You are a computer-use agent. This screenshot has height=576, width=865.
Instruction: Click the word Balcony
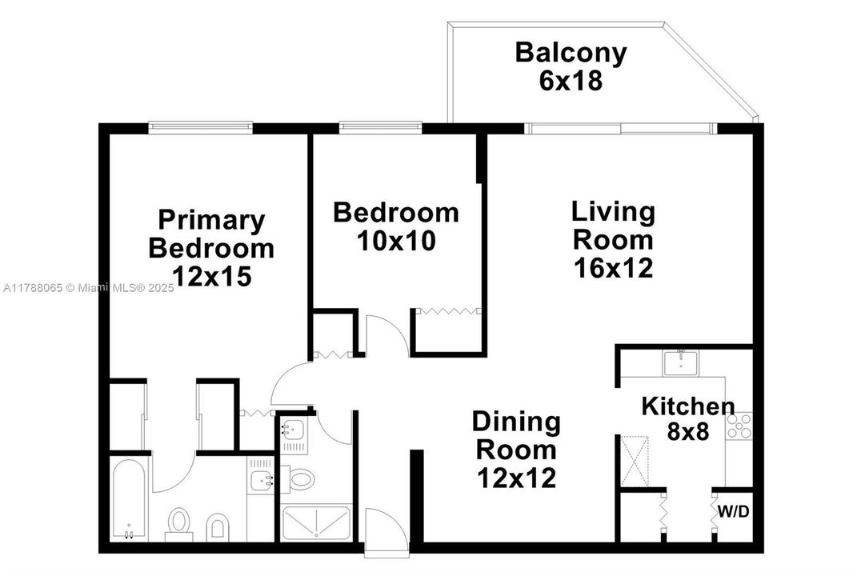click(571, 53)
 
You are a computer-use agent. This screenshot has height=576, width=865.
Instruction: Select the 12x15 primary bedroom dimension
click(212, 276)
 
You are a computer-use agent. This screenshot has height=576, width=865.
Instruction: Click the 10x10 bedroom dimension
click(396, 241)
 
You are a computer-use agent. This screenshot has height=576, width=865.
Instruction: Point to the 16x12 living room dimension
click(613, 267)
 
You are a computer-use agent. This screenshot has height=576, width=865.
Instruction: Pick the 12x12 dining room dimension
click(515, 478)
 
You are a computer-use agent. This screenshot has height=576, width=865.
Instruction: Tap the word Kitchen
click(688, 406)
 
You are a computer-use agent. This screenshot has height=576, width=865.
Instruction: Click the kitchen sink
click(681, 362)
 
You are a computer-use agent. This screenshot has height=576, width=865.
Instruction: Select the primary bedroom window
click(200, 126)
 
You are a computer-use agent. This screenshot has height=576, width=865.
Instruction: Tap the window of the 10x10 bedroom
click(380, 126)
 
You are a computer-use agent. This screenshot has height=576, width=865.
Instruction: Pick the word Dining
click(515, 422)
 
